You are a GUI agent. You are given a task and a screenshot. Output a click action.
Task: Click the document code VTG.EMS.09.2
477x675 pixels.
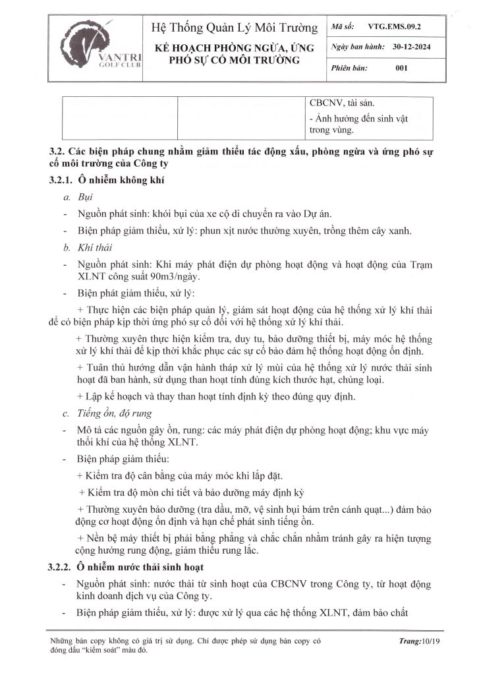click(393, 28)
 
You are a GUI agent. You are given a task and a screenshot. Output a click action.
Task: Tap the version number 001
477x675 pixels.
click(401, 68)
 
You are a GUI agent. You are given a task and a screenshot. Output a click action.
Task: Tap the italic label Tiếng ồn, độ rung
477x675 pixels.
click(115, 413)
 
